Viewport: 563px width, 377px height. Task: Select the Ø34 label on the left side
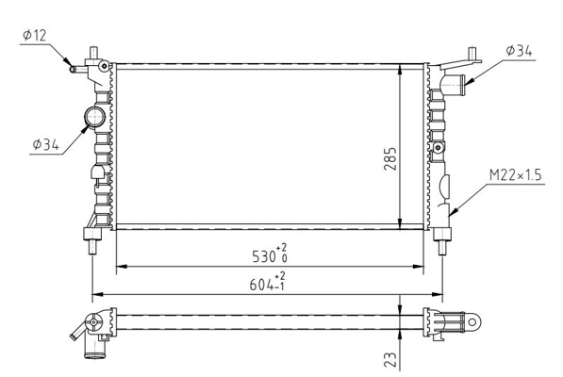pyautogui.click(x=45, y=144)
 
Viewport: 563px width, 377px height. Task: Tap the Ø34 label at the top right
pyautogui.click(x=520, y=51)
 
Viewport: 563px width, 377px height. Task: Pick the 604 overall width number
pyautogui.click(x=261, y=284)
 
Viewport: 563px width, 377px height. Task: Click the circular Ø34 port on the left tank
pyautogui.click(x=97, y=117)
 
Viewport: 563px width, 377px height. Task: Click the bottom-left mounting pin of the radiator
pyautogui.click(x=91, y=248)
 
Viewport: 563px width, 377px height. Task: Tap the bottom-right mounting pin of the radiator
pyautogui.click(x=443, y=248)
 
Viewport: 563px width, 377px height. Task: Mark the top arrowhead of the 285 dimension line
pyautogui.click(x=403, y=69)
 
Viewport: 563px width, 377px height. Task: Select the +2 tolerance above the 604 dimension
pyautogui.click(x=280, y=275)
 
